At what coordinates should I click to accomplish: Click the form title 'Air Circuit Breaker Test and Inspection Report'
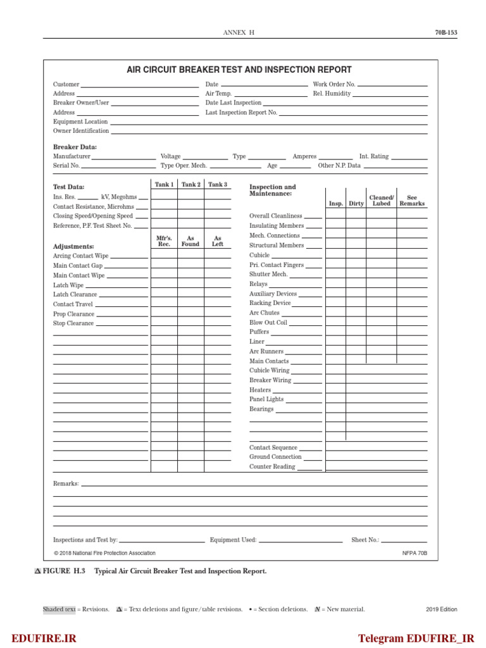pyautogui.click(x=239, y=70)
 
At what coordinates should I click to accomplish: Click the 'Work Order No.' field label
pyautogui.click(x=334, y=84)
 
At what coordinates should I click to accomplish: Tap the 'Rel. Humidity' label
pyautogui.click(x=332, y=94)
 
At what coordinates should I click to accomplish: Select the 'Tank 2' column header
pyautogui.click(x=190, y=185)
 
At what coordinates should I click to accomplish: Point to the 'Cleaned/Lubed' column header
pyautogui.click(x=382, y=201)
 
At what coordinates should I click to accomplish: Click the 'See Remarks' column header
pyautogui.click(x=412, y=201)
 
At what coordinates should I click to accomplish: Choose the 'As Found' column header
pyautogui.click(x=190, y=241)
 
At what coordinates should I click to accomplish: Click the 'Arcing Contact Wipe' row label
pyautogui.click(x=80, y=256)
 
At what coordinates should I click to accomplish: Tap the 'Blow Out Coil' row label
pyautogui.click(x=268, y=323)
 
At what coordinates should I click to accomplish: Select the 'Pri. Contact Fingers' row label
pyautogui.click(x=276, y=265)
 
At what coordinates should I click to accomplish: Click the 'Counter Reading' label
pyautogui.click(x=272, y=467)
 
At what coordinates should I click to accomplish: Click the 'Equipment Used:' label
pyautogui.click(x=233, y=540)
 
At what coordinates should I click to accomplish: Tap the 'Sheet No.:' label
pyautogui.click(x=365, y=540)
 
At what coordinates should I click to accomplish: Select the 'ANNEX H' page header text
pyautogui.click(x=239, y=33)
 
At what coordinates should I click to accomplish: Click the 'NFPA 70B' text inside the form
pyautogui.click(x=414, y=553)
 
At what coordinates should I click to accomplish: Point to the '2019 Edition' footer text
pyautogui.click(x=441, y=609)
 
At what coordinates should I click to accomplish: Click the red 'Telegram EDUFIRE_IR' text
pyautogui.click(x=416, y=638)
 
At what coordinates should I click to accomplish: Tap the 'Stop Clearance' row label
pyautogui.click(x=73, y=323)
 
